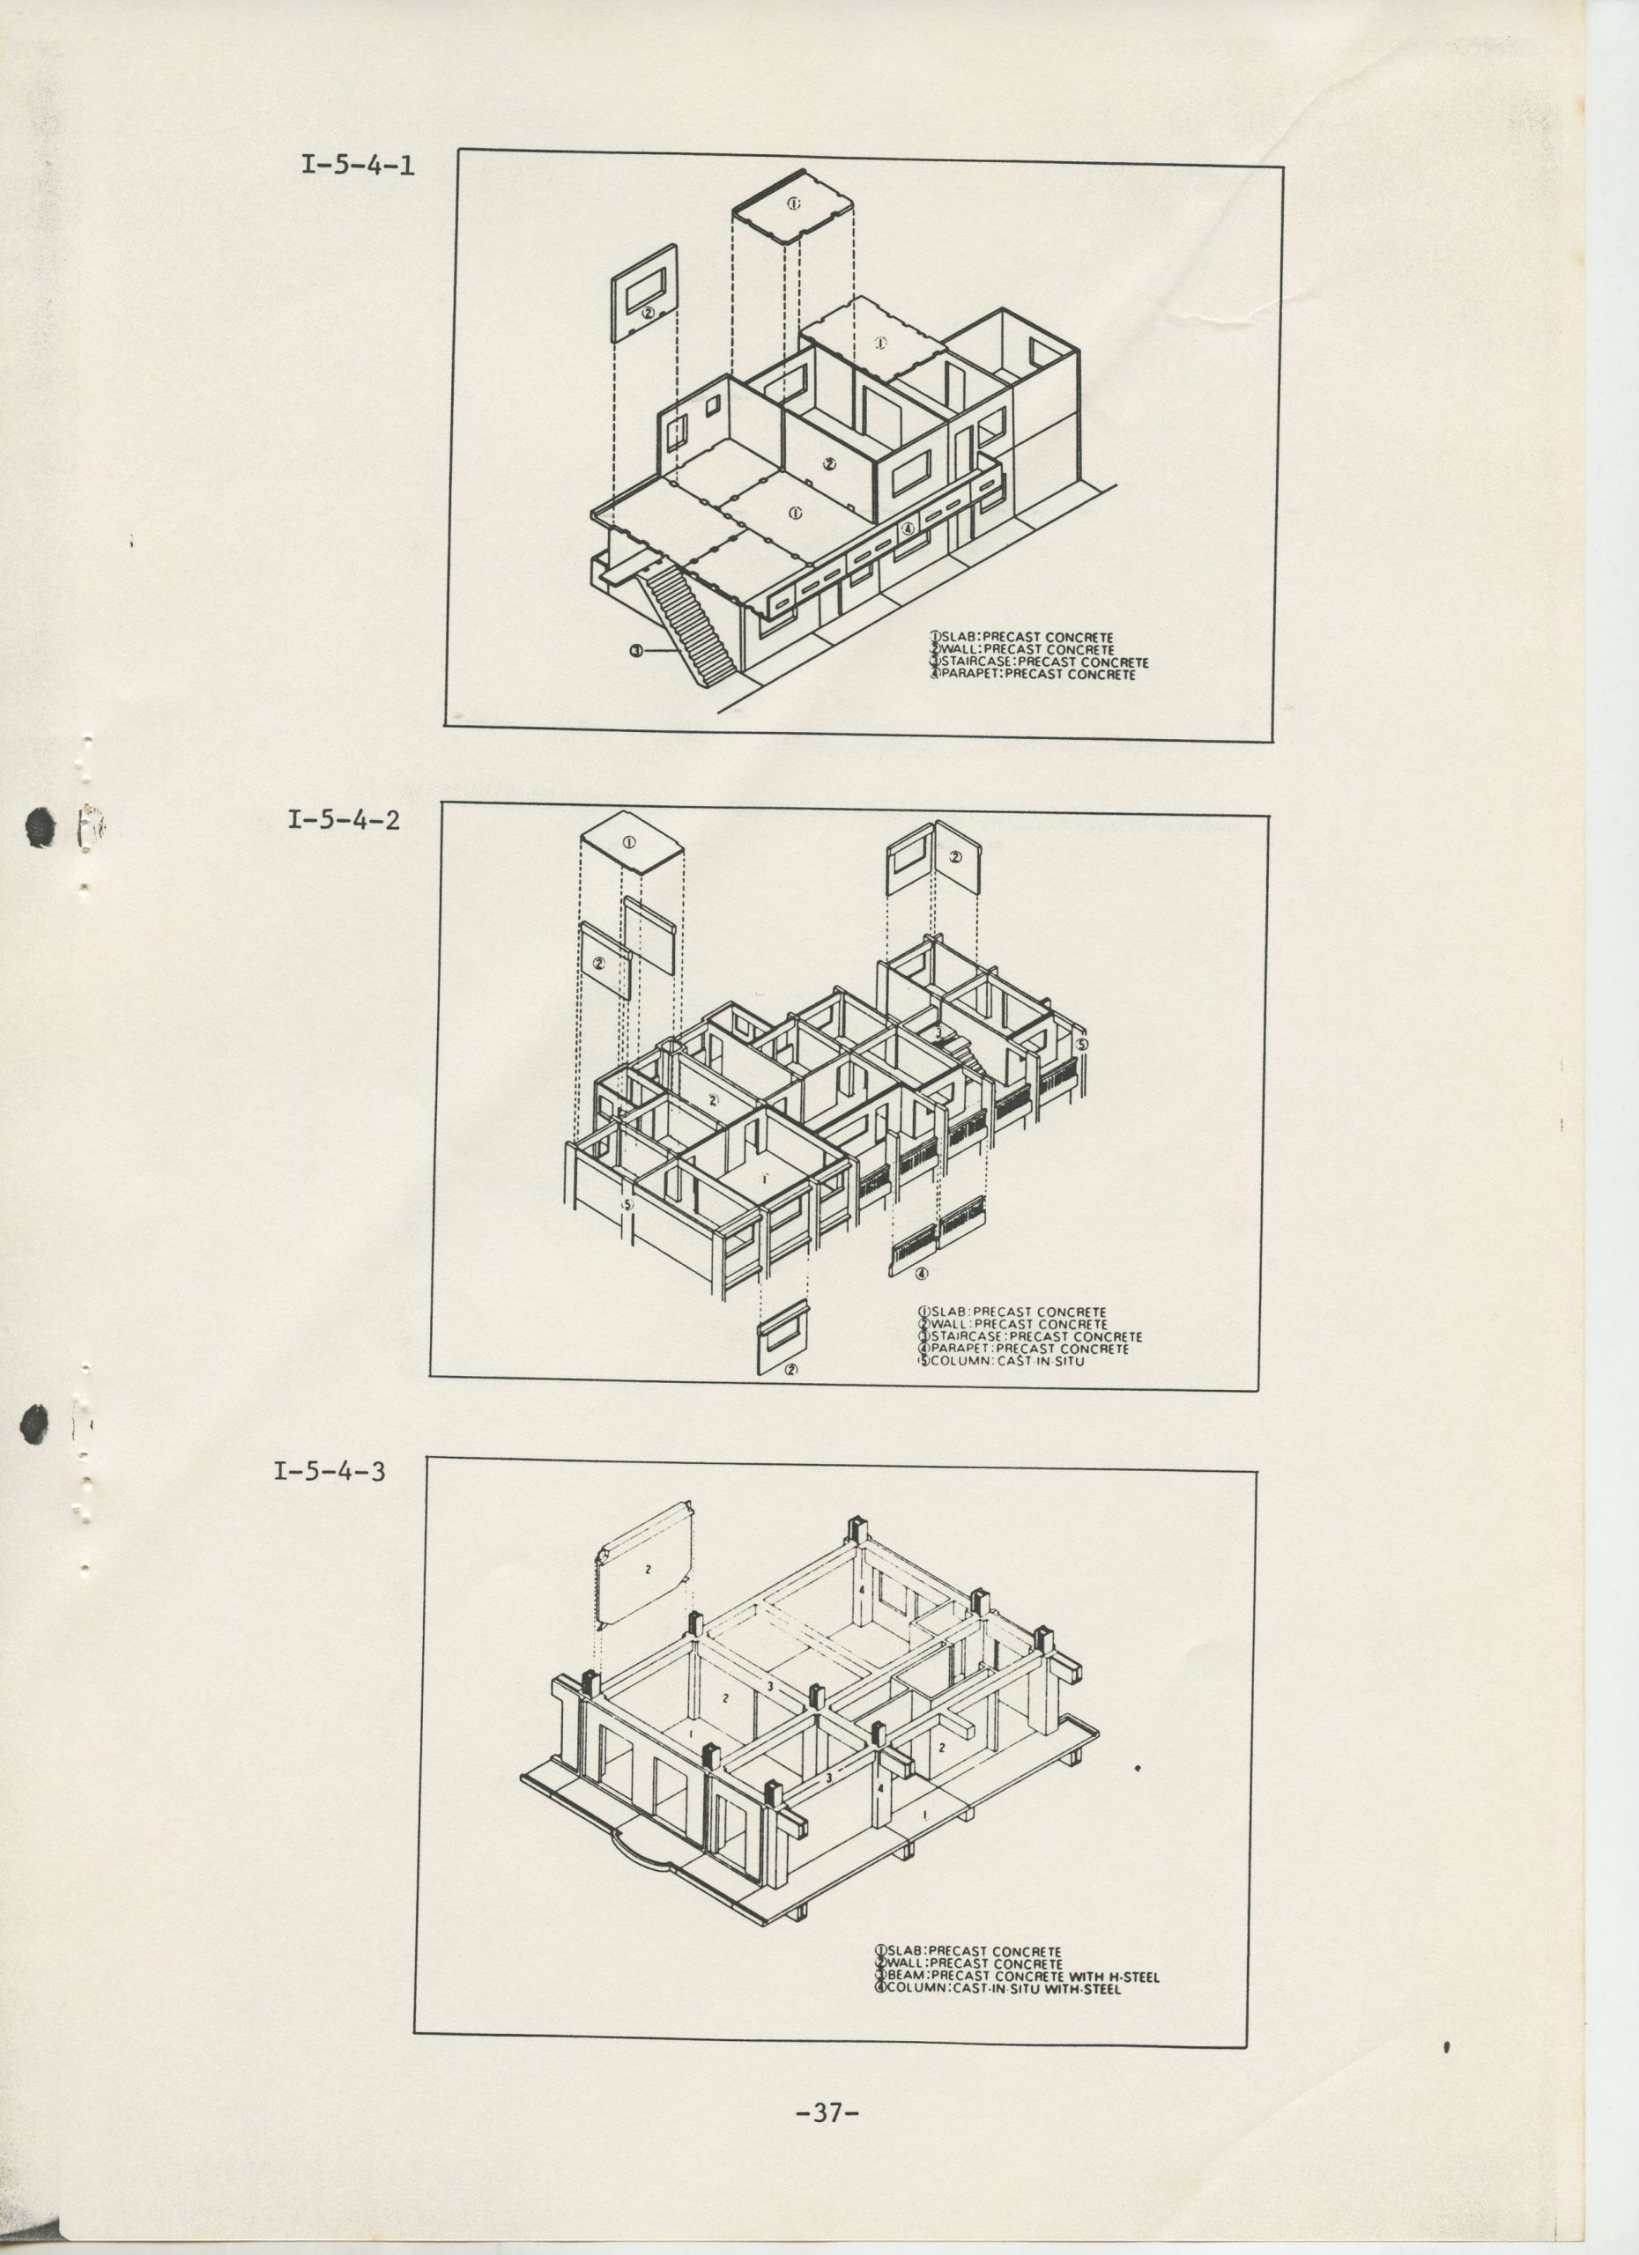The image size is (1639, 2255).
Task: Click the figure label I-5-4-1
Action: (x=358, y=164)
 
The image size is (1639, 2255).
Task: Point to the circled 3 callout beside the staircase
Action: (x=636, y=651)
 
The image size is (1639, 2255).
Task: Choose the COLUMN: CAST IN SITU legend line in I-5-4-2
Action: (x=1002, y=1359)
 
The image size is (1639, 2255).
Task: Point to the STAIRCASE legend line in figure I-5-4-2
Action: (x=1030, y=1336)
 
